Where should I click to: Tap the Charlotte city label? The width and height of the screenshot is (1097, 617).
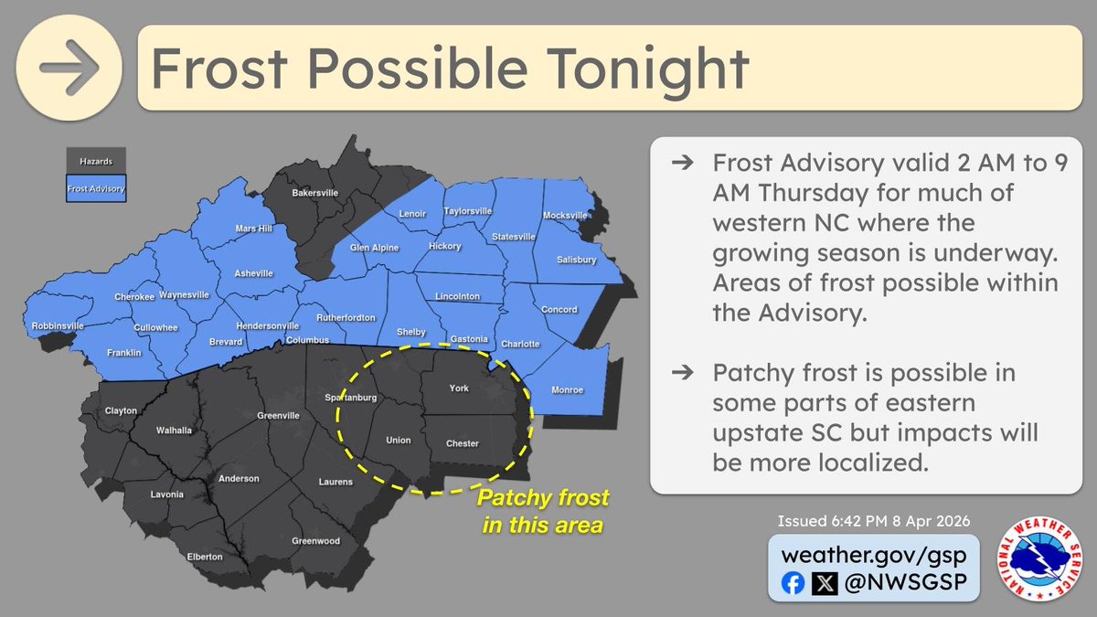click(520, 345)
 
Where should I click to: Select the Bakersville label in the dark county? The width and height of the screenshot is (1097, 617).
click(315, 194)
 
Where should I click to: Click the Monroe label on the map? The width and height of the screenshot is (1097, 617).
click(567, 390)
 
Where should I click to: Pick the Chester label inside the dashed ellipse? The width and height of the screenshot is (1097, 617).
click(462, 443)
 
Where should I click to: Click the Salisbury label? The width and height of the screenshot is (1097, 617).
click(576, 260)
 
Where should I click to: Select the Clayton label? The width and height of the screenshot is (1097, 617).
click(120, 410)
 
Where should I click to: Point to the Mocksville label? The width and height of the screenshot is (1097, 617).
click(565, 215)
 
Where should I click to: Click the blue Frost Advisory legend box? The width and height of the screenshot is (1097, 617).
click(96, 190)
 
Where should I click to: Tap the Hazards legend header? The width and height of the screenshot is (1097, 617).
click(96, 160)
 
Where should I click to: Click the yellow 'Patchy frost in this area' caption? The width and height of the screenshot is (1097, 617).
click(543, 512)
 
